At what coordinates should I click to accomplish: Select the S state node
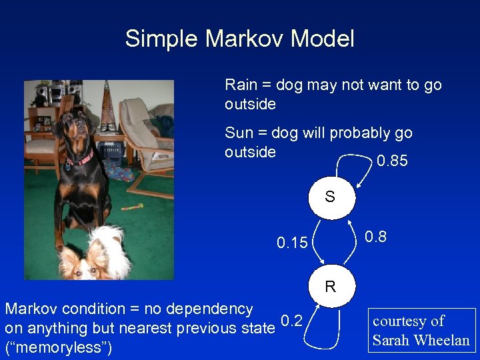pos(329,197)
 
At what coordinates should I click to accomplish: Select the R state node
pos(330,287)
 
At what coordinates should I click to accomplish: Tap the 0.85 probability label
pos(392,162)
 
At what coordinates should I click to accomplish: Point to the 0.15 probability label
pos(292,243)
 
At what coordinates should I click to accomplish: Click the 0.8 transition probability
pos(375,237)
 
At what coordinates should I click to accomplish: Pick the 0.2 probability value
pos(291,322)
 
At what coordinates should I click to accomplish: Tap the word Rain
pos(240,85)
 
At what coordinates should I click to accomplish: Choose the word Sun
pos(239,133)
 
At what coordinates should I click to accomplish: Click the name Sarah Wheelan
pos(421,341)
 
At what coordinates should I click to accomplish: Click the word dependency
pos(210,309)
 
